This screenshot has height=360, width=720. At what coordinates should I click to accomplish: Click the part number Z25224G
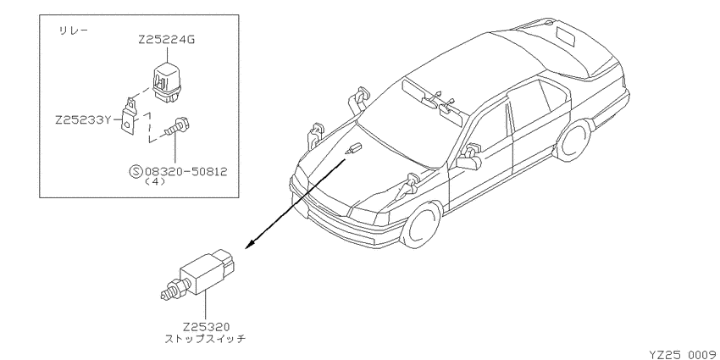point(166,40)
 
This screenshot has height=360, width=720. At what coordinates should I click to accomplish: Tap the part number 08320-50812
point(186,172)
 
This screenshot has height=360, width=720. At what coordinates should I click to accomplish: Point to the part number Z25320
point(206,328)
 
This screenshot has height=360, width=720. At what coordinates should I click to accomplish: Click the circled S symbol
point(136,172)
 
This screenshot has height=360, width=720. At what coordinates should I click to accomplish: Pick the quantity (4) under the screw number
point(155,182)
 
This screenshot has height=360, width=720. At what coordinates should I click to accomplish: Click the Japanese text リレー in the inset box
point(73,31)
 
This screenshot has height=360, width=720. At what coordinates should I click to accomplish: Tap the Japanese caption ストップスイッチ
point(205,340)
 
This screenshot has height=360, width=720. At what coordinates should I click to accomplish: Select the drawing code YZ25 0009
point(684,354)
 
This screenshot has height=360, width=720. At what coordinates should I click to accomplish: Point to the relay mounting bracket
point(130,117)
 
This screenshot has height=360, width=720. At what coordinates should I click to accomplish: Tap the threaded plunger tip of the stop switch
point(170,291)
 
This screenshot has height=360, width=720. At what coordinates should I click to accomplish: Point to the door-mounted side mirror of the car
point(469,157)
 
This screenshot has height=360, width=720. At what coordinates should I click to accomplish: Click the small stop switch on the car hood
point(354,149)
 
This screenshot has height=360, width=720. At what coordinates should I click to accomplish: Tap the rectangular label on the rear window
point(565,36)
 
